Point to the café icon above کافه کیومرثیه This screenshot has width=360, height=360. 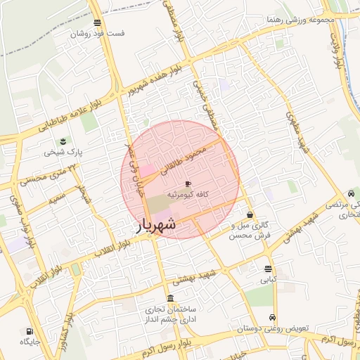point(187,184)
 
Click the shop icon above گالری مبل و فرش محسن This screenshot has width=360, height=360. point(250,214)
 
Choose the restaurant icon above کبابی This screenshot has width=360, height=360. point(268,269)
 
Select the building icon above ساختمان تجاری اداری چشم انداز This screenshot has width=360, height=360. point(170,298)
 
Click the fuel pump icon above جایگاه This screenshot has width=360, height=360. point(29,331)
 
